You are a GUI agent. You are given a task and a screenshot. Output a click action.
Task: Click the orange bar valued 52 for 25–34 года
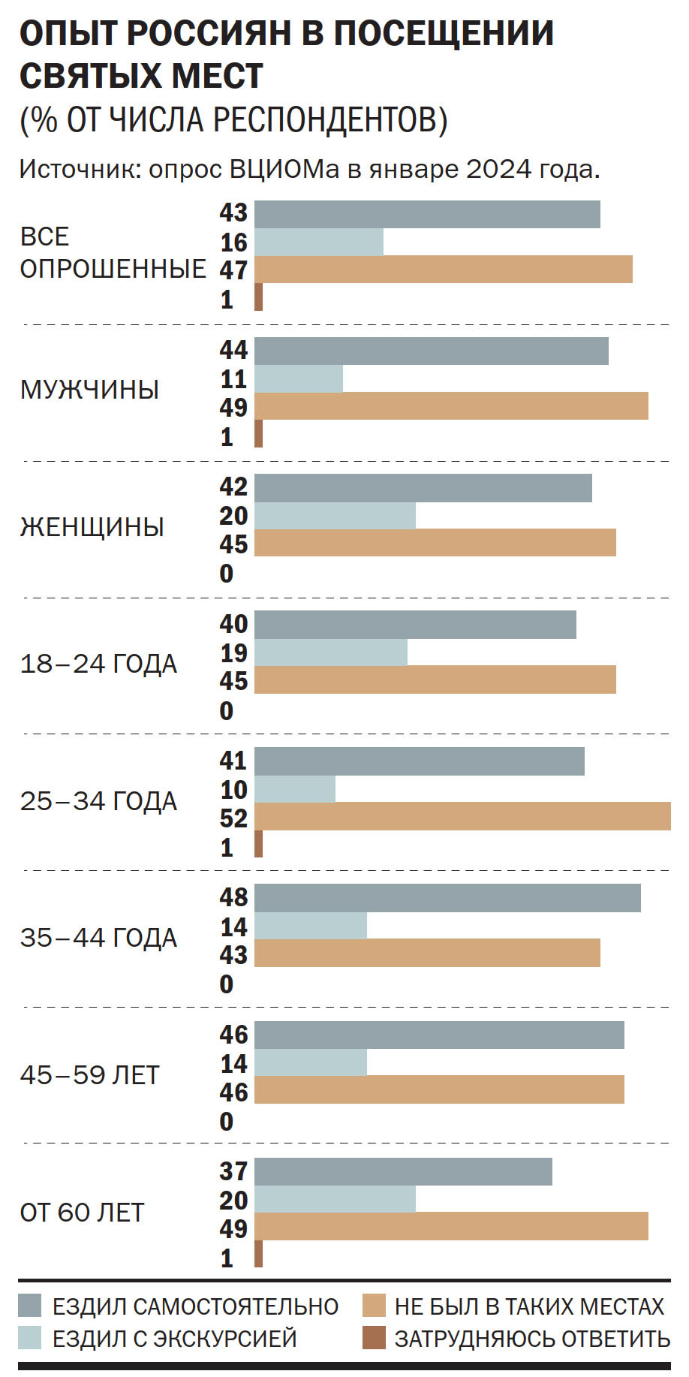tap(462, 817)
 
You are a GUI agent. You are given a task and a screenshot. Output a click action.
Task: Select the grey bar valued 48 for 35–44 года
tap(447, 898)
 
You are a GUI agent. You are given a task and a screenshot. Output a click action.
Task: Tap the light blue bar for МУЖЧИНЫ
tap(299, 379)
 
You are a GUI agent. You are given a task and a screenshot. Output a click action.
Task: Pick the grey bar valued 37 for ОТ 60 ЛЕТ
tap(403, 1172)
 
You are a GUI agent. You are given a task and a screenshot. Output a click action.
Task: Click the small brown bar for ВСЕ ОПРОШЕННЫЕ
tap(259, 297)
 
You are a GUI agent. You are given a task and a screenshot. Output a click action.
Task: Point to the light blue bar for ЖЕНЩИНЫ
tap(335, 516)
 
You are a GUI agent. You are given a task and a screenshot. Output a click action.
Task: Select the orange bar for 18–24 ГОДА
tap(435, 679)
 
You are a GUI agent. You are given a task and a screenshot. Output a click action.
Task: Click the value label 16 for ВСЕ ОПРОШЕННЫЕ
tap(233, 242)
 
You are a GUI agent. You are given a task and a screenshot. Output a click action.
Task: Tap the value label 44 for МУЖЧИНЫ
tap(233, 350)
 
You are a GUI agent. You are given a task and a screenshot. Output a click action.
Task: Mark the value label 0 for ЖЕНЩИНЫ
tap(227, 574)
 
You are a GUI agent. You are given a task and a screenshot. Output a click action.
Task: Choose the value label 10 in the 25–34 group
tap(233, 790)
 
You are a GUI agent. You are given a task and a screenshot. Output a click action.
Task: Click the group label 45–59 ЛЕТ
tap(89, 1075)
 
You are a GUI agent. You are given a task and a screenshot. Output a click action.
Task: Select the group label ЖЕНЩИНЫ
tap(92, 527)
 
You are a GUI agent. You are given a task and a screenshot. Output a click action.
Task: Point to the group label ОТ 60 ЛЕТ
tap(82, 1213)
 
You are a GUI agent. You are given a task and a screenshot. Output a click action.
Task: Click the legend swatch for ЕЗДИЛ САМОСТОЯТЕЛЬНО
tap(30, 1306)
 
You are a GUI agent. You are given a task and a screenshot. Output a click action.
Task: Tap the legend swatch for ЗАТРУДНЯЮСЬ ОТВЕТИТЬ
tap(373, 1338)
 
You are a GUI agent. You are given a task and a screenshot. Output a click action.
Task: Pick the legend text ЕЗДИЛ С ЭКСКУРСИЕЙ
tap(174, 1339)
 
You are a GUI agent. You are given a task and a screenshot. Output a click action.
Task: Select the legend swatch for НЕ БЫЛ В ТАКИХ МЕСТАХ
tap(373, 1306)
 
